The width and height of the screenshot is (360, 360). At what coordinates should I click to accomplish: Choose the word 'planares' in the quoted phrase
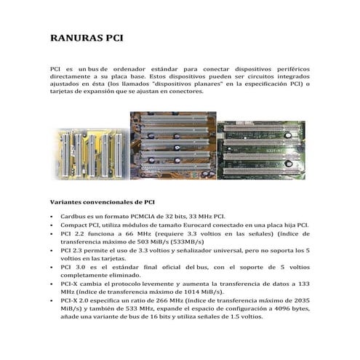(x=204, y=84)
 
